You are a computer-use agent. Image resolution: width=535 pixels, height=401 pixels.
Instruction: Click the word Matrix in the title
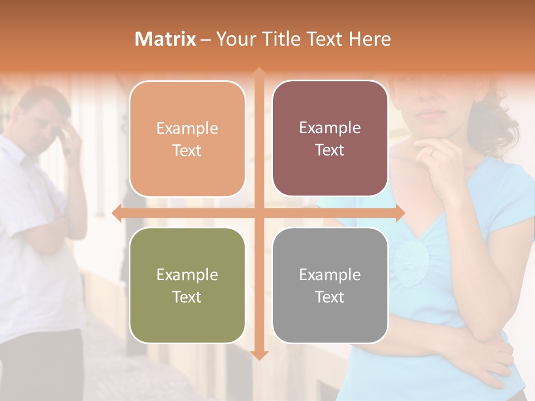165,39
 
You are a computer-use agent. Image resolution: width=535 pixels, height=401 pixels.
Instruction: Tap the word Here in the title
369,39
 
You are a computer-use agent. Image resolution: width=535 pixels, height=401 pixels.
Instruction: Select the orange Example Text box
187,139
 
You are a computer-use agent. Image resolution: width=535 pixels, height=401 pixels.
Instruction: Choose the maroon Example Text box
330,139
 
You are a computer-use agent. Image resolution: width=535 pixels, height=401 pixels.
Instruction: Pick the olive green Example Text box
187,285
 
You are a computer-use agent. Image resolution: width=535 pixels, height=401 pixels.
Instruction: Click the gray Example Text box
330,285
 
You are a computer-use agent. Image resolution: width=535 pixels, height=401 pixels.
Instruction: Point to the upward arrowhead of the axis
259,72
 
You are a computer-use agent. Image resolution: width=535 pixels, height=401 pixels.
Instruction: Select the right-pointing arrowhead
400,213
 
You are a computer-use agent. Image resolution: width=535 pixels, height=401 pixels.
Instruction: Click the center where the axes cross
259,213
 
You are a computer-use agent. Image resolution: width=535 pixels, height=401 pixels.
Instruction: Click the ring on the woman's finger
431,151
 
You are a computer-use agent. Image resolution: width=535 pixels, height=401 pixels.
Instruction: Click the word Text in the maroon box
330,150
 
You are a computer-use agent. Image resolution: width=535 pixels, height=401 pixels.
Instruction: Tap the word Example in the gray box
330,275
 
